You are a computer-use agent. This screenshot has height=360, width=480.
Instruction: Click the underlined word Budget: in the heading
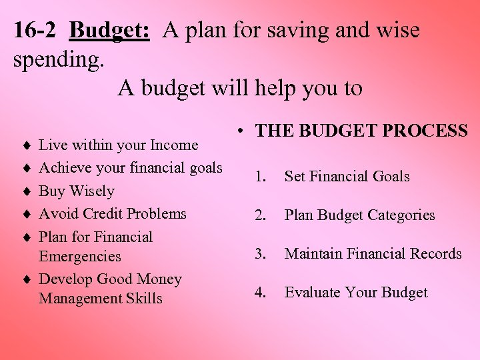[109, 31]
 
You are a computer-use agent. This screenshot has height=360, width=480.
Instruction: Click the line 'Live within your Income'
[119, 145]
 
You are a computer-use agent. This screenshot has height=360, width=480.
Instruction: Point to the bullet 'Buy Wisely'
[77, 191]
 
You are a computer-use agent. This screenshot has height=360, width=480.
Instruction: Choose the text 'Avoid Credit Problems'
[113, 214]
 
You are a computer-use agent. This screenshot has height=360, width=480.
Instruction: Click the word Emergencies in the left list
[80, 257]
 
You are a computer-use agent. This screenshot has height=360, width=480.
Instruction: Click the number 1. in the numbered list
[262, 177]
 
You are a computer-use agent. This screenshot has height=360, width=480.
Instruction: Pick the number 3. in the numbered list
[262, 254]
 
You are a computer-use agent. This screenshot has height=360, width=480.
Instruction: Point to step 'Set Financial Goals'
[347, 177]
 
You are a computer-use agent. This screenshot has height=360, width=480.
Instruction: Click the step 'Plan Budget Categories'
[359, 215]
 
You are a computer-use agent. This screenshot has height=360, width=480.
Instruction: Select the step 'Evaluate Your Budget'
[356, 293]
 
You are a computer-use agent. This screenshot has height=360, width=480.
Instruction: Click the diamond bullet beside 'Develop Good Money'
[25, 280]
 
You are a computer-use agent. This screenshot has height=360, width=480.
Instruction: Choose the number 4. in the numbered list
[262, 293]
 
